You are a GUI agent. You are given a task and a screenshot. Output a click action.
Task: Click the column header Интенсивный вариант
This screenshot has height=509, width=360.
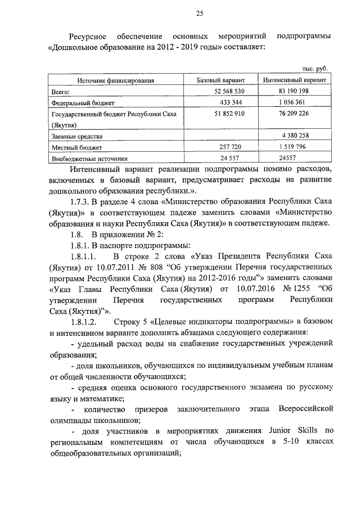[295, 80]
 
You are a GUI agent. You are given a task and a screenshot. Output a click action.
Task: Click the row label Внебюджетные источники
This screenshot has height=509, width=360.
[90, 159]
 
